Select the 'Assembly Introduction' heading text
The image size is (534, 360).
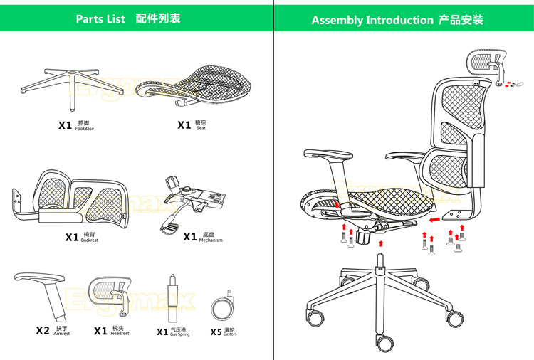point(372,20)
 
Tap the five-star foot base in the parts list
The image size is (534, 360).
point(63,83)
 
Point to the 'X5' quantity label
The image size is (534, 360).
point(216,332)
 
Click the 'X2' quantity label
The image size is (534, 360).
point(43,331)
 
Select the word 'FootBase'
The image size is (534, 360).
point(84,129)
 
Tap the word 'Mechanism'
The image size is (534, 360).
point(211,240)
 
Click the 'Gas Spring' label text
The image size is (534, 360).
point(180,334)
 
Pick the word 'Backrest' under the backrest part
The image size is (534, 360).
point(90,240)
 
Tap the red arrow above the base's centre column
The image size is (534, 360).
point(382,245)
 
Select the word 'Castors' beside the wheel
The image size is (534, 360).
point(230,334)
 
